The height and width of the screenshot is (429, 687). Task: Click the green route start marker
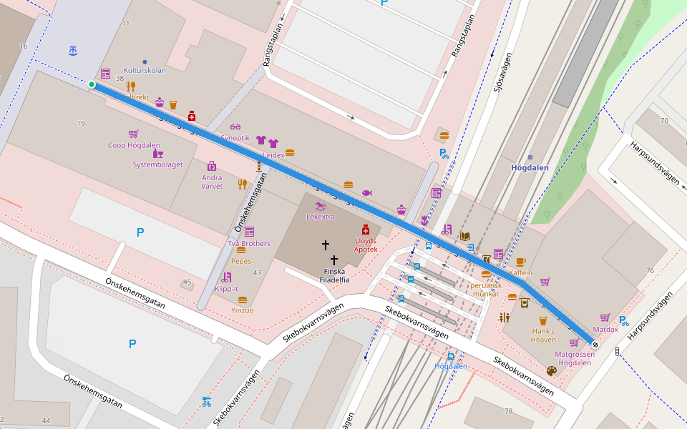92,85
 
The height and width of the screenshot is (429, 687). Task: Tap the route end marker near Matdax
595,345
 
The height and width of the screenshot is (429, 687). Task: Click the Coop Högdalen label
134,145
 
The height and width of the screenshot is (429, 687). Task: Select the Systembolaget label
157,164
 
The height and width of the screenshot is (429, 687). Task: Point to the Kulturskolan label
145,71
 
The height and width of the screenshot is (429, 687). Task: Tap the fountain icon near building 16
72,51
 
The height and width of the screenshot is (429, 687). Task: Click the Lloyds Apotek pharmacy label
365,245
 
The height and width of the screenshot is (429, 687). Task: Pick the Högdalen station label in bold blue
530,168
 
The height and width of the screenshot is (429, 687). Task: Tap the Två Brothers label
249,243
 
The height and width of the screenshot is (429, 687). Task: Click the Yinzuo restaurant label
242,310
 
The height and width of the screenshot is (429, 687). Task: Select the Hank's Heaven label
542,335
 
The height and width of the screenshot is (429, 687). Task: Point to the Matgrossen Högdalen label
574,358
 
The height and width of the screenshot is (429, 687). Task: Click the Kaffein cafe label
520,272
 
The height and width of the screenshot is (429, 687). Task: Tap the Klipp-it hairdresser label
226,289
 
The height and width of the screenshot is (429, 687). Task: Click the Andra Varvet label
212,182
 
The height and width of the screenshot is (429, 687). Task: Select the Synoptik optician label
235,137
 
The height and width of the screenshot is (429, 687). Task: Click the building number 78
509,411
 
